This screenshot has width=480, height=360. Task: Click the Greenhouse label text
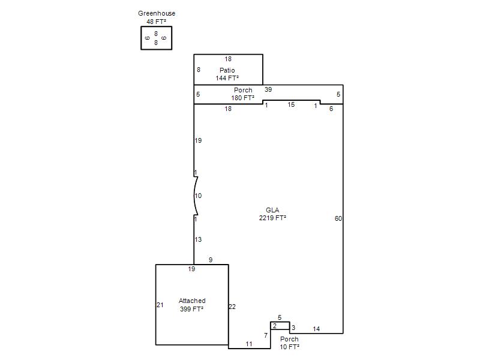tap(157, 13)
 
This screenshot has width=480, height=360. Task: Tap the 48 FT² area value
tap(157, 22)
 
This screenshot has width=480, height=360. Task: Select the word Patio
tap(227, 70)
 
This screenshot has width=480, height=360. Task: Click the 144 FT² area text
tap(227, 78)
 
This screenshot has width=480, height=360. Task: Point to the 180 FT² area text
tap(243, 98)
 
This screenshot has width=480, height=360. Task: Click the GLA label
tap(272, 210)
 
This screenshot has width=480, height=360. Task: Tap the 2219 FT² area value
tap(272, 218)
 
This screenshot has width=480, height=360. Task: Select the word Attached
tap(192, 301)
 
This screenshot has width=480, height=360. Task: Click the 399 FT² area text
tap(192, 309)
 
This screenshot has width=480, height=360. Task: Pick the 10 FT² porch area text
tap(289, 347)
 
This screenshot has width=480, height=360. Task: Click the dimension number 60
tap(338, 218)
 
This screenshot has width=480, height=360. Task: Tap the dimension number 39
tap(268, 89)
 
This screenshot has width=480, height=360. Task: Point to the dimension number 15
tap(291, 104)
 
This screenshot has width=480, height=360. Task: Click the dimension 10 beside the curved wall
tap(198, 196)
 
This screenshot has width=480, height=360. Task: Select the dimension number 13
tap(198, 239)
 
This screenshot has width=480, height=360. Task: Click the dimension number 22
tap(232, 307)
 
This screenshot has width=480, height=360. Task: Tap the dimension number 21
tap(160, 305)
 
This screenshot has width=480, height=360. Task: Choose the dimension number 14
tap(316, 329)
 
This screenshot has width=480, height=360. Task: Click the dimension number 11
tap(249, 344)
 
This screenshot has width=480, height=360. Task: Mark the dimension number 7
tap(266, 335)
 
